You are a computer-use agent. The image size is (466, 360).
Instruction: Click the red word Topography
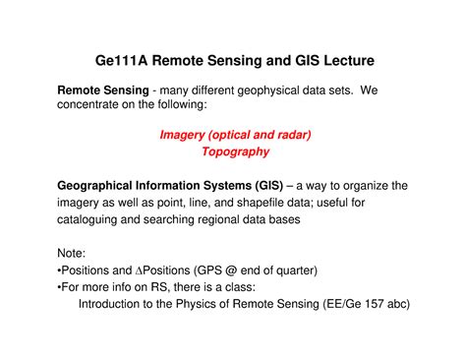point(235,152)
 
